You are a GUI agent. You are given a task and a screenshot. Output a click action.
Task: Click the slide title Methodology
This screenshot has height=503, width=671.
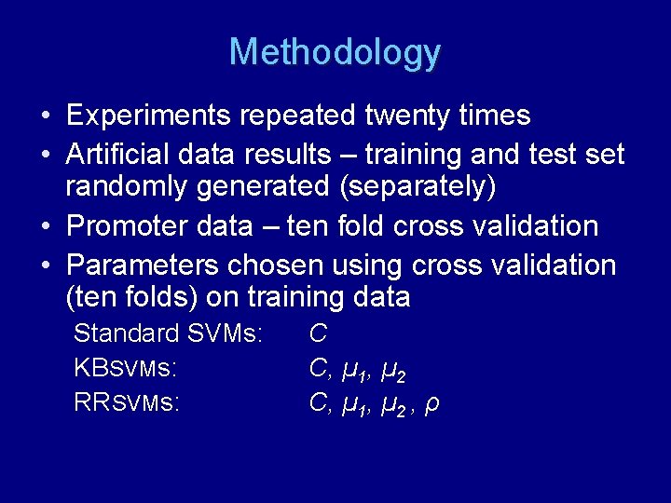tap(335, 52)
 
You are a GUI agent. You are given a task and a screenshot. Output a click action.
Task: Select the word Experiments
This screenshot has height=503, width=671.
tap(150, 116)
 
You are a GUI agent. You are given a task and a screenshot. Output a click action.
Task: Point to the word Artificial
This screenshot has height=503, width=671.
tap(119, 154)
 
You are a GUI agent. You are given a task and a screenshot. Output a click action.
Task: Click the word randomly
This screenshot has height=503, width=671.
tap(127, 186)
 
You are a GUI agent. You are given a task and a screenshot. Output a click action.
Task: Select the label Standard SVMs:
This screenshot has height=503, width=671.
tap(168, 333)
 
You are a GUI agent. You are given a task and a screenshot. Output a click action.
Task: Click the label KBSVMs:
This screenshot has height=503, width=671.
tap(125, 369)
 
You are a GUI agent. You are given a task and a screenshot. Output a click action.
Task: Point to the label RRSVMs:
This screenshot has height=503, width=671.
tap(126, 403)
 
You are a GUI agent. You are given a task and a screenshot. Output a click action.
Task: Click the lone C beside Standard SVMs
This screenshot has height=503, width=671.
tap(318, 333)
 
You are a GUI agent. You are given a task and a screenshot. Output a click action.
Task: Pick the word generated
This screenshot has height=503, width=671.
tap(257, 187)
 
